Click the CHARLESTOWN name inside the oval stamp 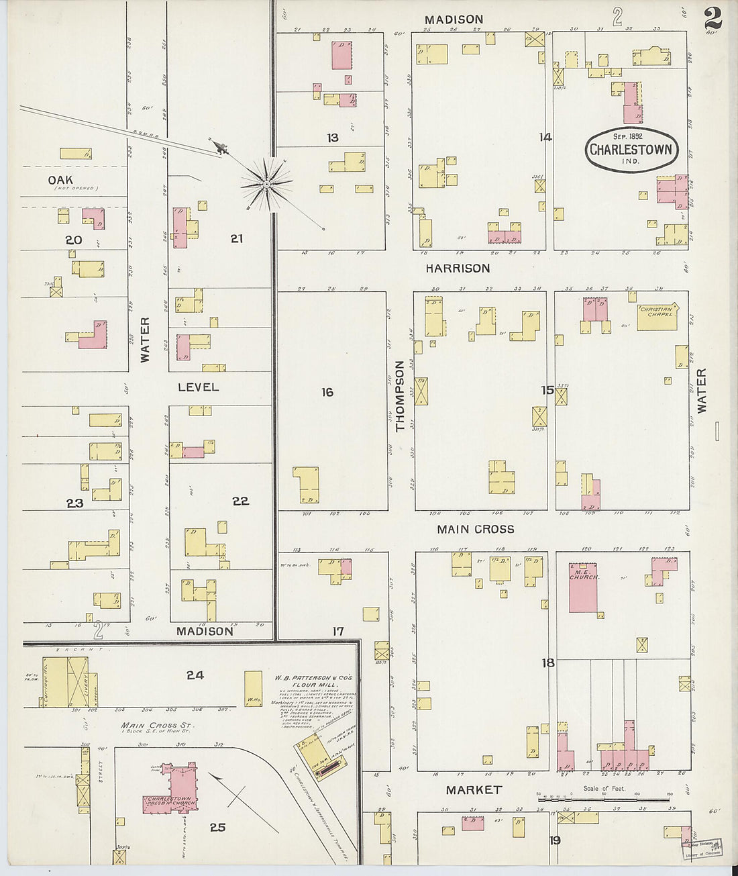pos(630,149)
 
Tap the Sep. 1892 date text pos(627,136)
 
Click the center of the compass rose pos(266,183)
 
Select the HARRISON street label pos(458,269)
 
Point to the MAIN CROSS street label pos(475,530)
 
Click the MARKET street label pos(474,790)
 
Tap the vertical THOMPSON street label pos(401,396)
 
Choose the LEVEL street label pos(198,387)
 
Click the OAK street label pos(60,180)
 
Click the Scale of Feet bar pos(604,799)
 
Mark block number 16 pos(327,392)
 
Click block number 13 pos(332,138)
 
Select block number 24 pos(195,675)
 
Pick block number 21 pos(236,238)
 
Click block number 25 pos(217,828)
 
